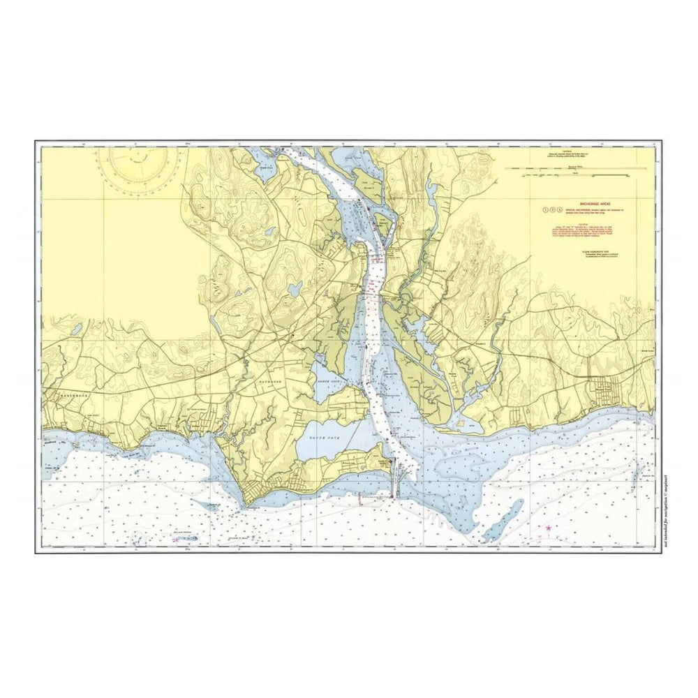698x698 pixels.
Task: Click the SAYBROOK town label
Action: [265, 383]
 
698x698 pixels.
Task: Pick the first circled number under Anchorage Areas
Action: [545, 209]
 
